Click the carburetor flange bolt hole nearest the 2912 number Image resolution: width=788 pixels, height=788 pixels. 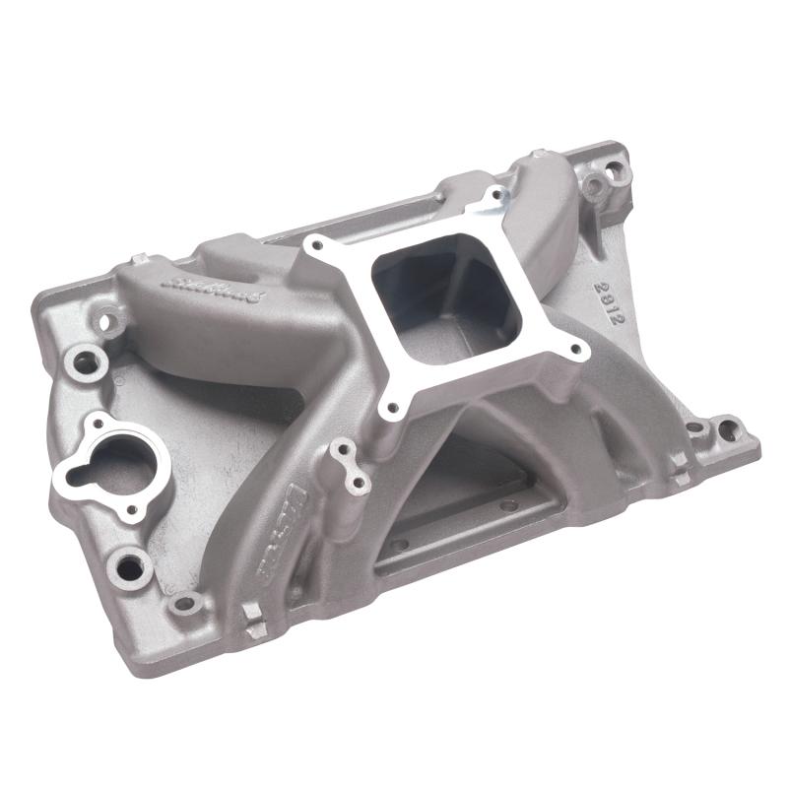pos(575,347)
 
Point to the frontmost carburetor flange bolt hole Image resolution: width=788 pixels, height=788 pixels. pos(394,405)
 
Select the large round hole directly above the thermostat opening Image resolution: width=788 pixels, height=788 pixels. pos(85,361)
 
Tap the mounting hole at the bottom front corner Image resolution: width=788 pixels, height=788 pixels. pos(183,603)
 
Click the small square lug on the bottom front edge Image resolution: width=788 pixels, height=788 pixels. pos(252,621)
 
